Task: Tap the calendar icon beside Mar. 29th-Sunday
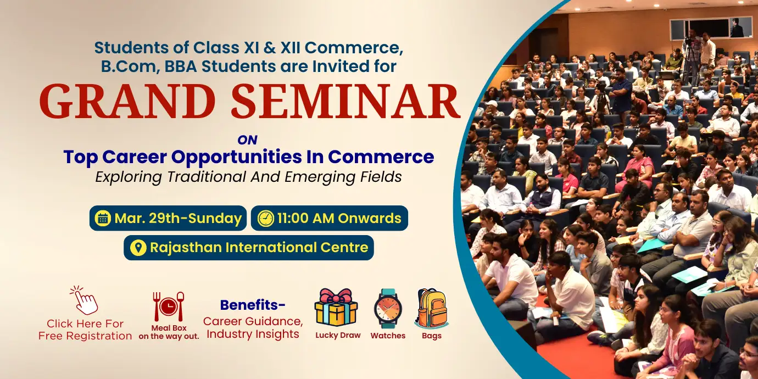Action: pyautogui.click(x=103, y=219)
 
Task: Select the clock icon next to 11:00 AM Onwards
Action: pyautogui.click(x=265, y=219)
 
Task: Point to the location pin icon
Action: pyautogui.click(x=138, y=248)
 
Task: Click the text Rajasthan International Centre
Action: pyautogui.click(x=259, y=248)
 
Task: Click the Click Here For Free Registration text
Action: pyautogui.click(x=85, y=330)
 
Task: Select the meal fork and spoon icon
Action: pyautogui.click(x=168, y=306)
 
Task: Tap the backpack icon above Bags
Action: pyautogui.click(x=431, y=308)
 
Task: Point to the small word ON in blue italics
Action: pyautogui.click(x=247, y=140)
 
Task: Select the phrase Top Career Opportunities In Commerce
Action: pyautogui.click(x=248, y=157)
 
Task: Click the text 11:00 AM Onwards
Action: pyautogui.click(x=339, y=219)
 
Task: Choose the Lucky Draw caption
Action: pyautogui.click(x=338, y=335)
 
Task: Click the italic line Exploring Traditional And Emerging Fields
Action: pyautogui.click(x=248, y=177)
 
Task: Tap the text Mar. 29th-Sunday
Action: pyautogui.click(x=178, y=219)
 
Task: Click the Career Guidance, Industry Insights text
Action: pyautogui.click(x=253, y=327)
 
